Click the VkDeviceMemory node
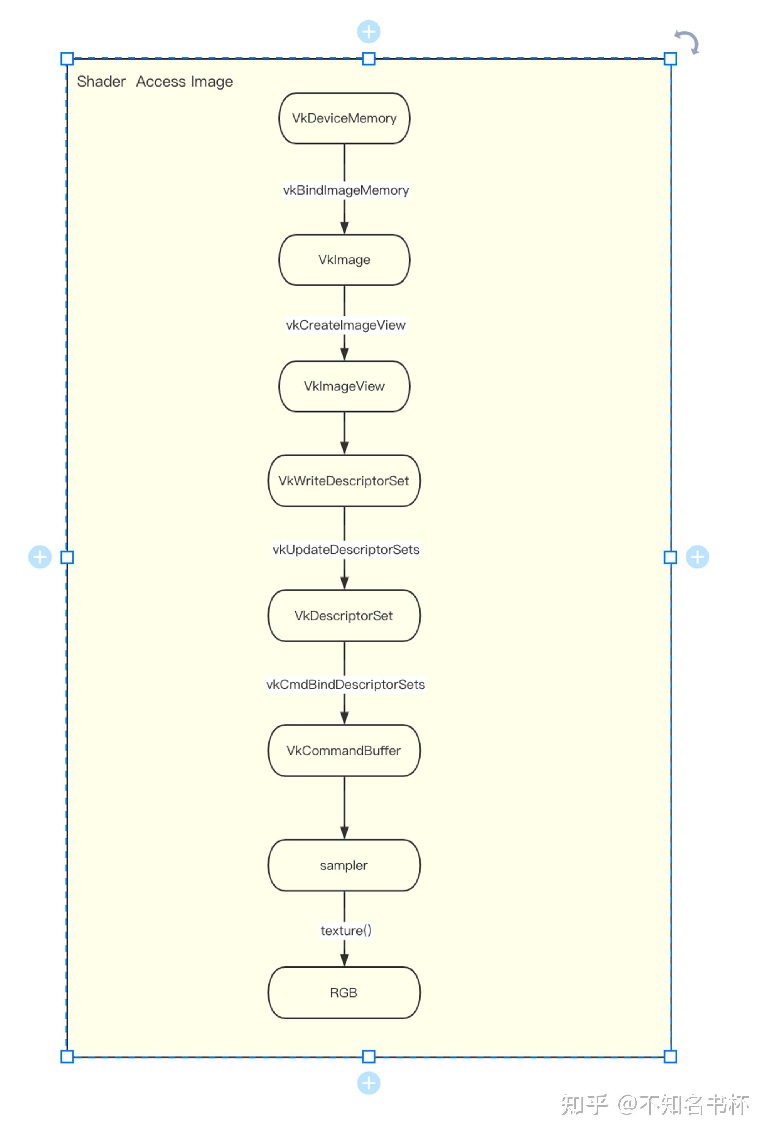coord(344,118)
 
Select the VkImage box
coord(344,260)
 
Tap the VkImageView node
coord(344,386)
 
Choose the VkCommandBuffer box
coord(344,750)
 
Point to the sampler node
coord(344,865)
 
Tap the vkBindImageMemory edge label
coord(346,190)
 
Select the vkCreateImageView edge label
coord(346,325)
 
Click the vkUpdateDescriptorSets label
coord(346,550)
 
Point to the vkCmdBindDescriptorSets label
coord(346,685)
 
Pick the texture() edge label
coord(346,930)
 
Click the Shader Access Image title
coord(155,81)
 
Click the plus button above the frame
coord(369,32)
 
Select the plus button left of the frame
coord(40,557)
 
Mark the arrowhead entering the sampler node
coord(344,833)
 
